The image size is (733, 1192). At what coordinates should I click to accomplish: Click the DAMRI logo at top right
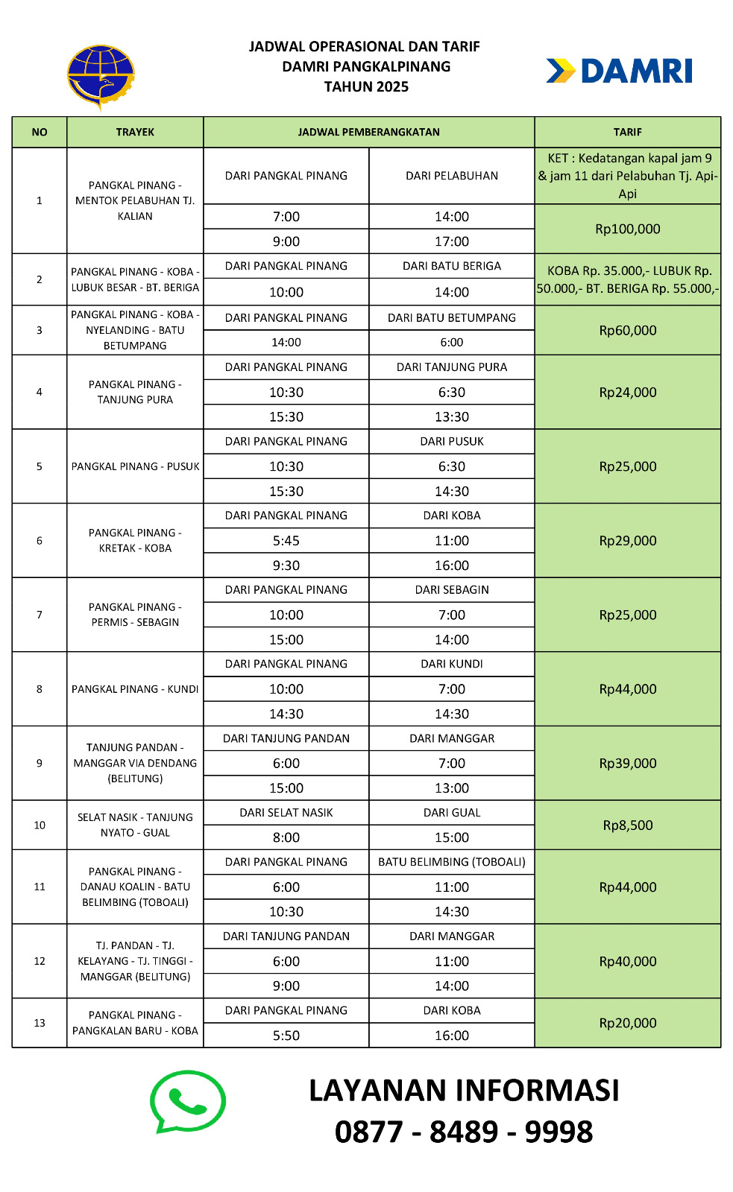[x=620, y=72]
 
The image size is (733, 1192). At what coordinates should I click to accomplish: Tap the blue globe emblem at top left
[x=101, y=77]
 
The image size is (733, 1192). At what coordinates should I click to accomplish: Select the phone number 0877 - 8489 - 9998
[x=463, y=1132]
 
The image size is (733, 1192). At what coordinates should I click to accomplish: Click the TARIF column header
[x=627, y=132]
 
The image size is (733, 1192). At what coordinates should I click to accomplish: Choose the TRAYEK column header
[x=135, y=132]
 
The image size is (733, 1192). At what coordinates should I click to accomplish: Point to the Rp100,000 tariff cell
[x=627, y=229]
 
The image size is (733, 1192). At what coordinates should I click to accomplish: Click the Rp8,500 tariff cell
[x=627, y=825]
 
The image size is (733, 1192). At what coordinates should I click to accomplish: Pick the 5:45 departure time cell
[x=286, y=541]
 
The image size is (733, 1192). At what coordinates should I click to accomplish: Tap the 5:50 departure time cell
[x=286, y=1036]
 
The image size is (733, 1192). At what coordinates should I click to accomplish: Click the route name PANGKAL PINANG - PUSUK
[x=135, y=466]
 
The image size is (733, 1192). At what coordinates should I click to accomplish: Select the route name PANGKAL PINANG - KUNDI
[x=135, y=689]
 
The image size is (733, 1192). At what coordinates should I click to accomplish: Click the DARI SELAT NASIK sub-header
[x=286, y=813]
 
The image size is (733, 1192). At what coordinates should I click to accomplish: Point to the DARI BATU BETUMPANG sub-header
[x=451, y=317]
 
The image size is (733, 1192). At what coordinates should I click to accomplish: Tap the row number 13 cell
[x=40, y=1023]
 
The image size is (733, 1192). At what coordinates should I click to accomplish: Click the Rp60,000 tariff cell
[x=627, y=330]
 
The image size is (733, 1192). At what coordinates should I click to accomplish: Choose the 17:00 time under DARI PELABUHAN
[x=451, y=241]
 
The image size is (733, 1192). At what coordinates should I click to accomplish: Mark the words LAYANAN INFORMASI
[x=463, y=1091]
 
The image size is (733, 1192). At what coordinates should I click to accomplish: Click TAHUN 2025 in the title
[x=366, y=86]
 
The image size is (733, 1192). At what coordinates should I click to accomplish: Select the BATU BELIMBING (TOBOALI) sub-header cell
[x=451, y=862]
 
